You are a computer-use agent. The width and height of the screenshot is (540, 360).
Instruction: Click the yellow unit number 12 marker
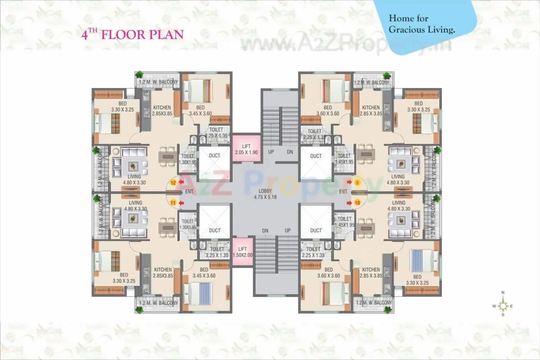pos(173,183)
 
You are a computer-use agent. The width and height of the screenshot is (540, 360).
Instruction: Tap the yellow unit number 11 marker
pos(173,203)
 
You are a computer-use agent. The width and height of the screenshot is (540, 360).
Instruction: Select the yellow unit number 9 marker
pos(357,183)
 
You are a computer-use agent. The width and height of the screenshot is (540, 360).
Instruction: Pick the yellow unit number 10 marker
pos(357,203)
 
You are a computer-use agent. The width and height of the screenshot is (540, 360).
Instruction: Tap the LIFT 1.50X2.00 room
pos(242,252)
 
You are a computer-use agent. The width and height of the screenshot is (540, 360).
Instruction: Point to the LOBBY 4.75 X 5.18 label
pos(265,194)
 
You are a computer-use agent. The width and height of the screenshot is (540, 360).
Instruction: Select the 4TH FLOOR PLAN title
pos(132,34)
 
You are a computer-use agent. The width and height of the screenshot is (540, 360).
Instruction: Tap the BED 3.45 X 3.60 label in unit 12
pos(200,110)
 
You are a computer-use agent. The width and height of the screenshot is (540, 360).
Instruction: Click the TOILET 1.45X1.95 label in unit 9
pos(344,159)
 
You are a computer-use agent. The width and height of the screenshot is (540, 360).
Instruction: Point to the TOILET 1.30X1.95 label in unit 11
pos(188,224)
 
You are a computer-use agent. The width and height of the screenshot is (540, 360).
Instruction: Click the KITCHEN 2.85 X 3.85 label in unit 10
pos(371,272)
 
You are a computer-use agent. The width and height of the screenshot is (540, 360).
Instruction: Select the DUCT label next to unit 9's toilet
pos(316,156)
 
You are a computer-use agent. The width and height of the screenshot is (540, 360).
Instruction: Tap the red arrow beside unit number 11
pos(181,203)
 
